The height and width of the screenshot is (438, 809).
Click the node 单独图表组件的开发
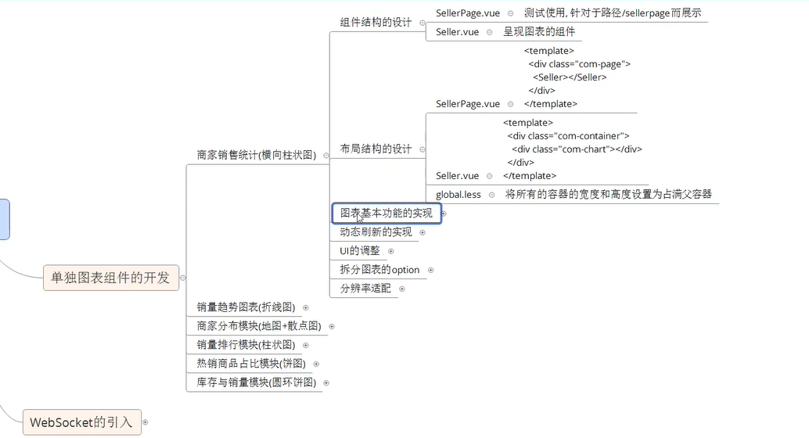(x=110, y=277)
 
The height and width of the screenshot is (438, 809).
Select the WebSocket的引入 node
(x=81, y=422)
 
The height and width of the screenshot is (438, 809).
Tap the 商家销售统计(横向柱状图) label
(x=257, y=155)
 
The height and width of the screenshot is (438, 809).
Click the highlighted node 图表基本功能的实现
(x=386, y=213)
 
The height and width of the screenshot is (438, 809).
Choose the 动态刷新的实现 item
(x=376, y=232)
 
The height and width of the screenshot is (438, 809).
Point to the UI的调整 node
(x=359, y=250)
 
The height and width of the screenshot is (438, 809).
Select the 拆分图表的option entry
(x=379, y=270)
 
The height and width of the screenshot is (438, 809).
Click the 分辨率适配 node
(x=365, y=289)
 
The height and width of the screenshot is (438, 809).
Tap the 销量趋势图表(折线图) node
(x=246, y=307)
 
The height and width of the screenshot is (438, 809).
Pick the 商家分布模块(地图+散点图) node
(x=259, y=325)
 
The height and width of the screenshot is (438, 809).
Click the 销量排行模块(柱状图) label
(x=246, y=345)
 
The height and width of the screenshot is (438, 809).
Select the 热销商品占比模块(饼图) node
(x=250, y=364)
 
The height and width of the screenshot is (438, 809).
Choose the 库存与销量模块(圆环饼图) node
(x=256, y=382)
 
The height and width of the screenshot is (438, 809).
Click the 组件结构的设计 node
(x=376, y=22)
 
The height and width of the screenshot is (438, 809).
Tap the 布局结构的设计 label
(x=376, y=149)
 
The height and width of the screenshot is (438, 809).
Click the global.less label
(x=458, y=194)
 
